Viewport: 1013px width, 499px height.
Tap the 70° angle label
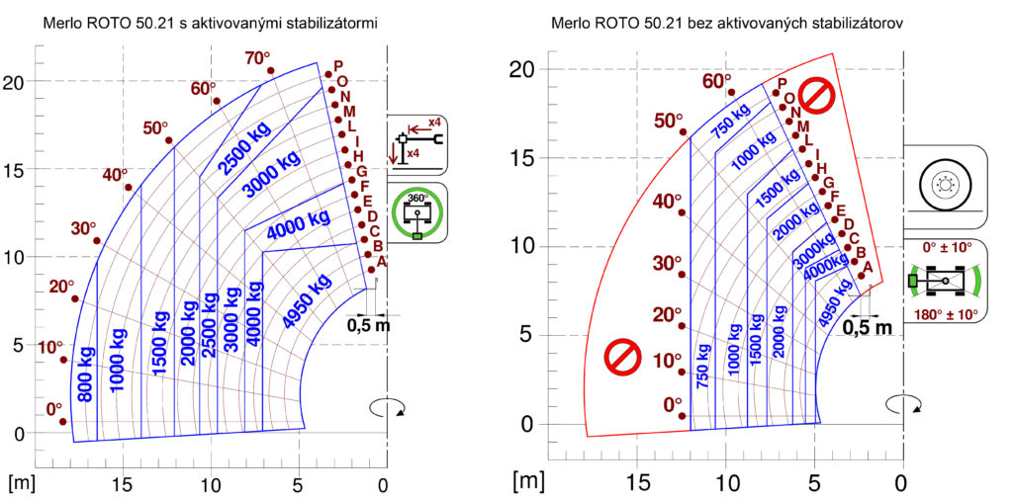[x=257, y=58]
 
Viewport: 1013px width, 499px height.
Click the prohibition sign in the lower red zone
[x=623, y=359]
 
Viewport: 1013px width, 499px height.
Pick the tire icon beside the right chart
[x=945, y=184]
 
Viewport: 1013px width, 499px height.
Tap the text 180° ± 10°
[x=945, y=315]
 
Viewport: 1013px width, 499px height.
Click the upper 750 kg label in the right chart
[x=731, y=120]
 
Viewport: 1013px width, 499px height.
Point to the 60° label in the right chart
[x=717, y=81]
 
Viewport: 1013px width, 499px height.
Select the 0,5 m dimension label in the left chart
[x=369, y=324]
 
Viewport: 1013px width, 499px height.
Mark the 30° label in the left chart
[x=84, y=228]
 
